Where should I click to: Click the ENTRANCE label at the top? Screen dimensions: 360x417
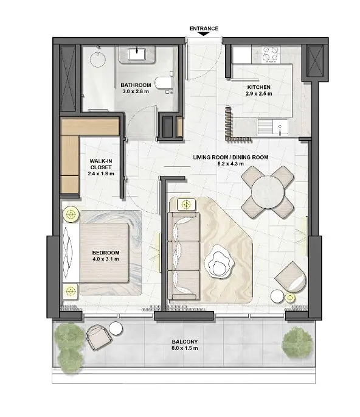[204, 29]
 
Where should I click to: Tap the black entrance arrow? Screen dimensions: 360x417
[204, 34]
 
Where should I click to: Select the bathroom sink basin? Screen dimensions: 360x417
[137, 54]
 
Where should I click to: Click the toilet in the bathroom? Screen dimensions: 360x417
[163, 83]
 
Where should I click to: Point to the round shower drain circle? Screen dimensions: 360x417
[98, 59]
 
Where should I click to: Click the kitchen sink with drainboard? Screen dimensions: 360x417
[272, 127]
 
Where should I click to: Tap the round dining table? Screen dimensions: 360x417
[268, 192]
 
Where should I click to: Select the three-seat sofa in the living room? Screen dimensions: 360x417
[184, 256]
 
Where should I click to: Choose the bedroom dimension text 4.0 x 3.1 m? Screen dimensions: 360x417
[106, 259]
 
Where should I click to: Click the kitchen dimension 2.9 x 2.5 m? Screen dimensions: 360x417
[259, 94]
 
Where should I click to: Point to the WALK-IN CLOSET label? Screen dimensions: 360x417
[101, 164]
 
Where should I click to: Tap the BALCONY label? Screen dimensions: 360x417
[185, 342]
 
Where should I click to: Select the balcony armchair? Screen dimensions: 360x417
[99, 337]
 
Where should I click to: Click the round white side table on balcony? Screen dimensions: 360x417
[116, 329]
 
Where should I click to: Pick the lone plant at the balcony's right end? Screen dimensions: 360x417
[297, 343]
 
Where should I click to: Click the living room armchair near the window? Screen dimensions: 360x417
[291, 278]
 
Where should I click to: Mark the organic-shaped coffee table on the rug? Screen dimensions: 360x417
[219, 262]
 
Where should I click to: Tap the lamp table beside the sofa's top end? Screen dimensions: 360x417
[186, 205]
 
